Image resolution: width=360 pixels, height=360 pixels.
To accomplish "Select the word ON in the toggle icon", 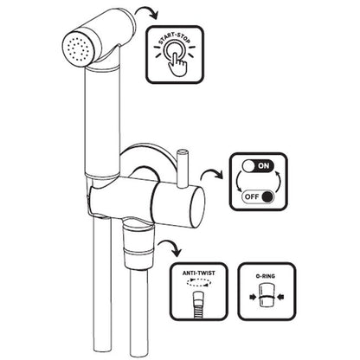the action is (x=264, y=165).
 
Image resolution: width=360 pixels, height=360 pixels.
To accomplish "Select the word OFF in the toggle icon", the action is (x=252, y=197).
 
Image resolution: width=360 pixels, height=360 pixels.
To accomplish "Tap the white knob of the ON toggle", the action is (x=248, y=166).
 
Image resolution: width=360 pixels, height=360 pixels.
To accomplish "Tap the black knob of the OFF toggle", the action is (x=267, y=197).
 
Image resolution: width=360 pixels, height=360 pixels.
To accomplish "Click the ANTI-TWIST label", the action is (x=199, y=273).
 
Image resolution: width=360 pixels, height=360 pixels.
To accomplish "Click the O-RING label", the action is (x=266, y=276).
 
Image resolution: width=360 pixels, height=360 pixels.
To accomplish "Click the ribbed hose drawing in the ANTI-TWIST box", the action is (x=198, y=305).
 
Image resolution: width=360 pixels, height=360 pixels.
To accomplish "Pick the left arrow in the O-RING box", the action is (x=253, y=297).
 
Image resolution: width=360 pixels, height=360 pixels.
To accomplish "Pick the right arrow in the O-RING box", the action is (x=280, y=297).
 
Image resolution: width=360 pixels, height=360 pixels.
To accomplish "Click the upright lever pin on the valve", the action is (x=182, y=167).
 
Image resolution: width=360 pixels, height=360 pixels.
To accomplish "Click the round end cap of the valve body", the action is (x=197, y=207).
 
